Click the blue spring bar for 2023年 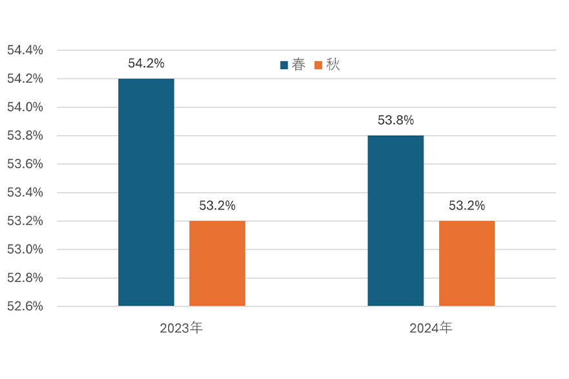(146, 192)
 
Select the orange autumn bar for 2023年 (217, 263)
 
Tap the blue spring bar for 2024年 (396, 221)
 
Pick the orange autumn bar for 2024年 (467, 263)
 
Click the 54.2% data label (146, 63)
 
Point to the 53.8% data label (396, 120)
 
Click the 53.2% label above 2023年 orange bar (217, 206)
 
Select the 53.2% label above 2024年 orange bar (467, 206)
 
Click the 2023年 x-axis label (182, 328)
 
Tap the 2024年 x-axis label (431, 328)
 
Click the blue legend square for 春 (284, 65)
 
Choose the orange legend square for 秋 (318, 65)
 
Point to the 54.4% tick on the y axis (25, 50)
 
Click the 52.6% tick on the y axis (25, 306)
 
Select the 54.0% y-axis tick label (25, 107)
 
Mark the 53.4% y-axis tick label (25, 192)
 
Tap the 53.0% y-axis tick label (25, 249)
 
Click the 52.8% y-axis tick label (25, 277)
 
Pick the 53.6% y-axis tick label (25, 164)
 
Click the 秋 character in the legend (332, 65)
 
